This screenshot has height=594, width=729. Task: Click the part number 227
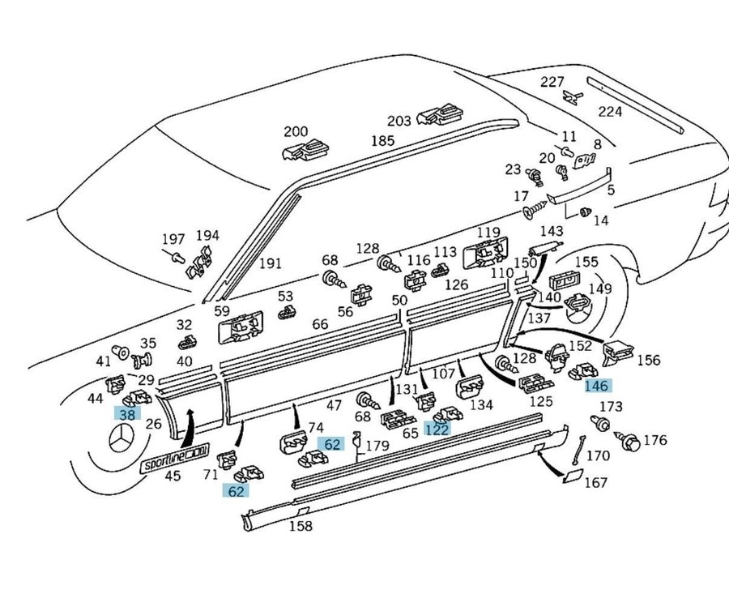tap(552, 81)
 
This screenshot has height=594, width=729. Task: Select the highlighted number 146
tap(596, 387)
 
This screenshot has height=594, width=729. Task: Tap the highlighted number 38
tap(127, 413)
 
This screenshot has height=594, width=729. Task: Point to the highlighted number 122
tap(437, 429)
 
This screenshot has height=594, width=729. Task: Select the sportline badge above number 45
tap(175, 459)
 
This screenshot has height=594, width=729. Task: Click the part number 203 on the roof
tap(399, 121)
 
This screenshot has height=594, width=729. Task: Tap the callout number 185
tap(382, 141)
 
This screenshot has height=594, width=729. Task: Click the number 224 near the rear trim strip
tap(610, 112)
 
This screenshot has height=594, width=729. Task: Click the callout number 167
tap(595, 483)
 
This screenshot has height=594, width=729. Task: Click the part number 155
tap(586, 263)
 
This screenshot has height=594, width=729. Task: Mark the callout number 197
tap(173, 240)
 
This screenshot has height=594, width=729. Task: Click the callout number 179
tap(377, 445)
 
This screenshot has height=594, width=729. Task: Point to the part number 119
tap(488, 233)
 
